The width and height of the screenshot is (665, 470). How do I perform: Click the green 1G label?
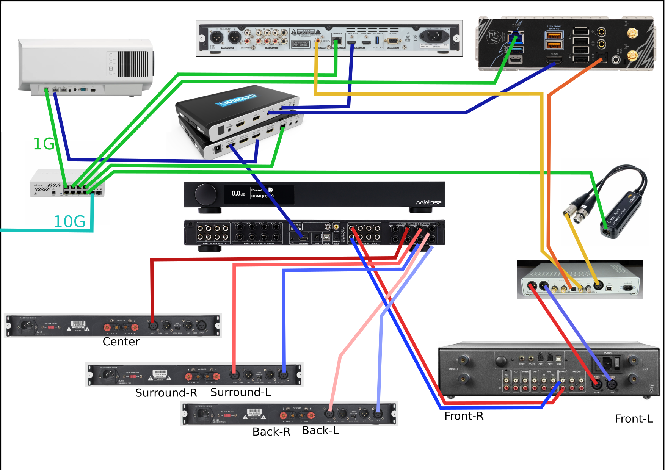[x=44, y=144]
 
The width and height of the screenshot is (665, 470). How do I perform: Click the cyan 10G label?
[x=69, y=222]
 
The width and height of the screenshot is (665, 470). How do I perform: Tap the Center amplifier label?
[x=121, y=342]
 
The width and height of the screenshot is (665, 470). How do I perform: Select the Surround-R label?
[x=166, y=393]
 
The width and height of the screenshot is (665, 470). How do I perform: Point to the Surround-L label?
[x=240, y=392]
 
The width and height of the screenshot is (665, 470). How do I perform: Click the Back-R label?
[x=271, y=432]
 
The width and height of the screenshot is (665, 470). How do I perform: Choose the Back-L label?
[x=320, y=431]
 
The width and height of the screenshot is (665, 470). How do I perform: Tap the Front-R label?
[x=464, y=416]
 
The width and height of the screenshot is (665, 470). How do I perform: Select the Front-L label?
[x=634, y=419]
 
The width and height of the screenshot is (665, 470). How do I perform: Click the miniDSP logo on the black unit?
[x=428, y=202]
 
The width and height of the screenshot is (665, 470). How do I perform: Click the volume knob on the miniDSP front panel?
[x=205, y=194]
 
